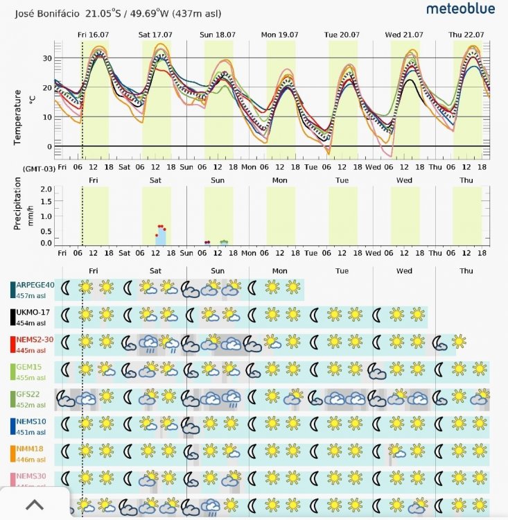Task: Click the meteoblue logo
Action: tap(460, 9)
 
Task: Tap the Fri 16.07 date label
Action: tap(93, 34)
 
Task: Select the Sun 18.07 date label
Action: tap(217, 34)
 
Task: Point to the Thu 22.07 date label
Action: tap(465, 34)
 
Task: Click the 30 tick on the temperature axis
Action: tap(48, 58)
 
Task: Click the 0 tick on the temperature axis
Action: tap(50, 146)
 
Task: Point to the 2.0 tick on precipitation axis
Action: tap(46, 189)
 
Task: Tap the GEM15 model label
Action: tap(28, 367)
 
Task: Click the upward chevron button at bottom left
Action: tap(34, 505)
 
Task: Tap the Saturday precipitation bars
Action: tap(161, 236)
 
